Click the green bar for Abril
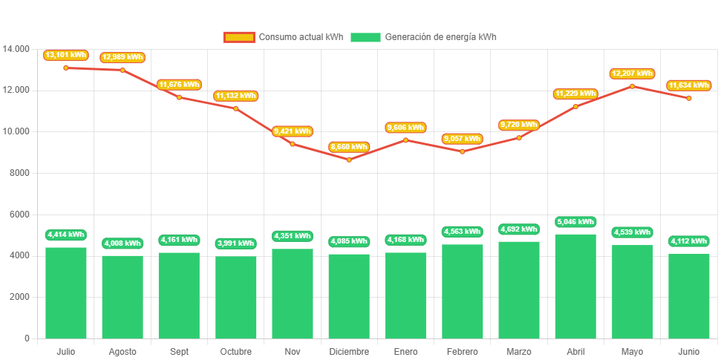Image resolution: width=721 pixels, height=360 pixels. pos(575,286)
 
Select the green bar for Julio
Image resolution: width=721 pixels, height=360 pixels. pos(66,292)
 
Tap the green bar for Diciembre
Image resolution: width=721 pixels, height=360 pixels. pos(349,295)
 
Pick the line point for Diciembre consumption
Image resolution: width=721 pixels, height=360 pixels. pos(349,160)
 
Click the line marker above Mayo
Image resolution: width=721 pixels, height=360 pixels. pos(632,86)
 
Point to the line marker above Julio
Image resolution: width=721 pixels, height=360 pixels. pos(66,68)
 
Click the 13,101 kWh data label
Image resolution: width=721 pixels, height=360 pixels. pos(66,55)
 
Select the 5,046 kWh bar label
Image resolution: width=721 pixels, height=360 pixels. pos(575,221)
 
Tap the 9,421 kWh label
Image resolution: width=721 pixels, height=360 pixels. pos(293,131)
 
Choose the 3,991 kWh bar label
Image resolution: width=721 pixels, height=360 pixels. pos(236,243)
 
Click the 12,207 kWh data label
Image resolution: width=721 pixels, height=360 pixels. pos(632,73)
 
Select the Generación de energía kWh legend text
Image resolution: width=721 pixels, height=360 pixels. pos(441,37)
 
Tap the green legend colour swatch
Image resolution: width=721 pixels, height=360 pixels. pos(365,37)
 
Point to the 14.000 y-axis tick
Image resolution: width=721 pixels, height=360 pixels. pos(16,49)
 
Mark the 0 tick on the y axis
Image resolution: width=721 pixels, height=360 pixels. pos(27,338)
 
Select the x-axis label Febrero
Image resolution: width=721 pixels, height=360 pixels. pos(463,351)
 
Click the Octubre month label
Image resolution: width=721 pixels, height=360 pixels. pos(236,351)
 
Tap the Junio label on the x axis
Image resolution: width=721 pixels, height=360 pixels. pos(688,351)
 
